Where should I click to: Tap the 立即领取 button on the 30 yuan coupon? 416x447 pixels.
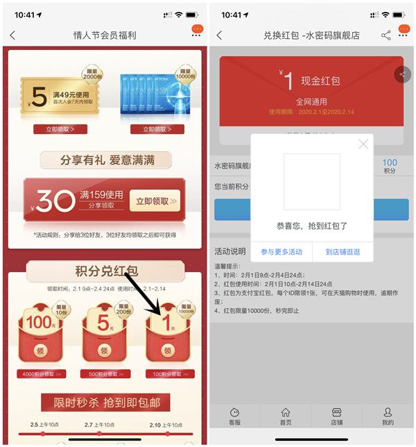pyautogui.click(x=155, y=201)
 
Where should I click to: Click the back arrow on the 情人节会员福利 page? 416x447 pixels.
pyautogui.click(x=12, y=35)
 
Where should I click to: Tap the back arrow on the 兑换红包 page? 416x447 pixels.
pyautogui.click(x=220, y=35)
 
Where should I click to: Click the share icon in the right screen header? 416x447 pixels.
pyautogui.click(x=386, y=35)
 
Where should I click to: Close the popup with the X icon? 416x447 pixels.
pyautogui.click(x=363, y=144)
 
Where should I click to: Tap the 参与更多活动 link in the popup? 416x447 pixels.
pyautogui.click(x=281, y=252)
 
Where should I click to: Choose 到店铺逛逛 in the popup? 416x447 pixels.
pyautogui.click(x=343, y=252)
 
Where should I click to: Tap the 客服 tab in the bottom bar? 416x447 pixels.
pyautogui.click(x=234, y=416)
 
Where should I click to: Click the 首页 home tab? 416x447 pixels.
pyautogui.click(x=286, y=416)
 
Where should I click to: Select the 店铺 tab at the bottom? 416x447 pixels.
pyautogui.click(x=336, y=416)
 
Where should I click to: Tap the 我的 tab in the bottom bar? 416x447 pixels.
pyautogui.click(x=388, y=416)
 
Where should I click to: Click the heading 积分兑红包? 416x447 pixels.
pyautogui.click(x=105, y=271)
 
